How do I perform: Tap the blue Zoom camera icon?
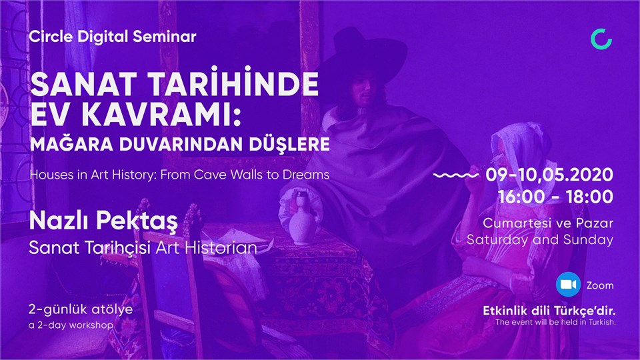pos(568,285)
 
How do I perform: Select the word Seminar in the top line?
pos(165,37)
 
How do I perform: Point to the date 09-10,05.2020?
pos(549,175)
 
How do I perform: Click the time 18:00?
pos(589,197)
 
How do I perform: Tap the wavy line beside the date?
pos(456,175)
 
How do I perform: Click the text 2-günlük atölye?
pos(81,309)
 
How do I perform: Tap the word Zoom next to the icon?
pos(600,285)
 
